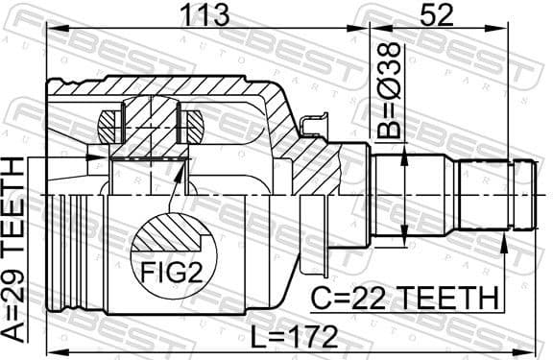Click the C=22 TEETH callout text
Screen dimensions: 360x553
(404, 298)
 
